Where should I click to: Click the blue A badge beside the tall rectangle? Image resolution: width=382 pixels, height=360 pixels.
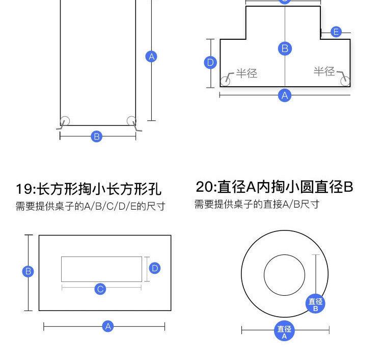click(x=151, y=57)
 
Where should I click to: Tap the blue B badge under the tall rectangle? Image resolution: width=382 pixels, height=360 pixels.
click(x=96, y=136)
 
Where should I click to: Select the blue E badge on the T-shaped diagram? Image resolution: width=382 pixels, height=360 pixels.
click(x=336, y=32)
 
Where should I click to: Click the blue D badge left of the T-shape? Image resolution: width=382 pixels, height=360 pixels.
click(x=210, y=62)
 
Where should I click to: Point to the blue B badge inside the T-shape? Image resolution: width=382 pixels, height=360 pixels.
click(x=285, y=48)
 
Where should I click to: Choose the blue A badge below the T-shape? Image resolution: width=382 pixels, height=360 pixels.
click(x=285, y=95)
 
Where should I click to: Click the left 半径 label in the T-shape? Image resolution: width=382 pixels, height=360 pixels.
click(x=247, y=73)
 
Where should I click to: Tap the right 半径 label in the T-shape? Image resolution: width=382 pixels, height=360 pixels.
click(x=324, y=71)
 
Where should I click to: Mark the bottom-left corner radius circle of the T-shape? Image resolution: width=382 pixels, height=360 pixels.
click(x=225, y=81)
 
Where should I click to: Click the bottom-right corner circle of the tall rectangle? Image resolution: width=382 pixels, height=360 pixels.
click(x=131, y=121)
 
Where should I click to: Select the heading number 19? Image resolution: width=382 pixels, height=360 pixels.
click(x=22, y=189)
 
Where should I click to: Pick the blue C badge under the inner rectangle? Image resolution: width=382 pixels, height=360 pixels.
click(x=100, y=289)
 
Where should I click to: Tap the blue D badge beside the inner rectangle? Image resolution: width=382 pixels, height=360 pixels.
click(x=155, y=268)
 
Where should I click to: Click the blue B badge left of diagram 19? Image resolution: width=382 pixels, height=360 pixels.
click(x=28, y=271)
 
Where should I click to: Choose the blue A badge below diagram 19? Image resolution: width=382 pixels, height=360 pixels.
click(x=108, y=326)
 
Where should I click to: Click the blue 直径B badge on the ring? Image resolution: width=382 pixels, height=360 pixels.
click(x=315, y=304)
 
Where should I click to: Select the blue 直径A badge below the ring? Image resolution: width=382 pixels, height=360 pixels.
click(x=284, y=331)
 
